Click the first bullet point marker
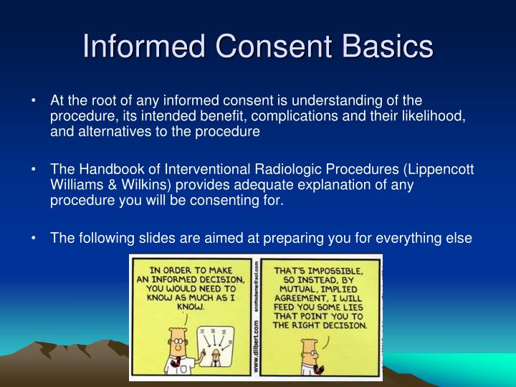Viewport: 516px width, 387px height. coord(35,100)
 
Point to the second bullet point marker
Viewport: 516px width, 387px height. coord(35,170)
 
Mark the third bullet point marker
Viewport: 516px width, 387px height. coord(35,239)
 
